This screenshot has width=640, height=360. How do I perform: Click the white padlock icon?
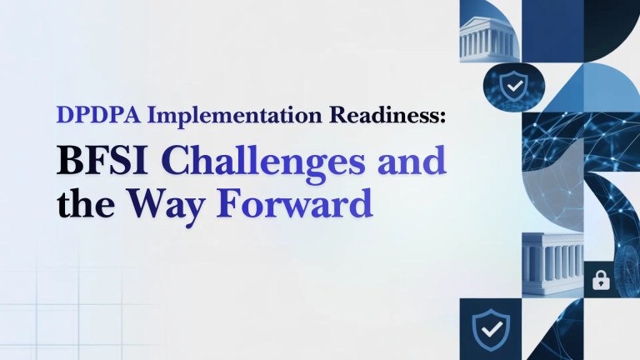tap(600, 281)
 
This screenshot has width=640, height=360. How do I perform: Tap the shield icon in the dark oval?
tap(511, 84)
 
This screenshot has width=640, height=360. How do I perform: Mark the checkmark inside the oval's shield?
tap(511, 84)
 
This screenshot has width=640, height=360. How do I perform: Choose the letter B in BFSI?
tap(69, 160)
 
